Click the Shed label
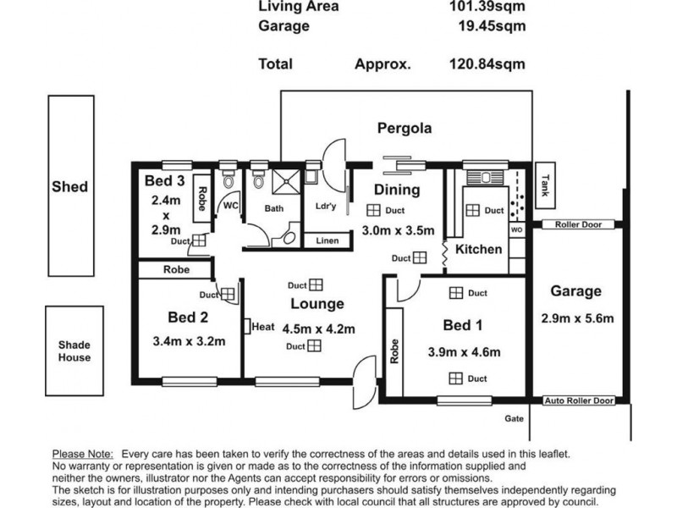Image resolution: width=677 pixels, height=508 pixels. coord(70,186)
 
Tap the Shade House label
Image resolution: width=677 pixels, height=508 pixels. coord(74,351)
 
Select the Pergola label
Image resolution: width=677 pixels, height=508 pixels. coord(405,129)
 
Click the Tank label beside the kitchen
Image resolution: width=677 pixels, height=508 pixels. coord(545,185)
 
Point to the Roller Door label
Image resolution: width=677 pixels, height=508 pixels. coord(578,224)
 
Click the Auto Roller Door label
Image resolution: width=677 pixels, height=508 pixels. coord(579,400)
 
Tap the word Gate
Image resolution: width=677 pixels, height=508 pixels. coord(514,418)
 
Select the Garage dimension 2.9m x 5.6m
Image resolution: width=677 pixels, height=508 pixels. coord(577,318)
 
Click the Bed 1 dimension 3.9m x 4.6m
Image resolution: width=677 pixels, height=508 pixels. coord(464,352)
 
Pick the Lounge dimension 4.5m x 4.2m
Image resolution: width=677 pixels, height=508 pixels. coord(319,329)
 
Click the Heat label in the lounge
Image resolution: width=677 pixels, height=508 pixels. coord(263,327)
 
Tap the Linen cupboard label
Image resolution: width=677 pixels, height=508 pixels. coord(327,240)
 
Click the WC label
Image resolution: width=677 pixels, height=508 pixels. coord(230,206)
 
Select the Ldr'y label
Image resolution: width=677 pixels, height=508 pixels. coord(326,206)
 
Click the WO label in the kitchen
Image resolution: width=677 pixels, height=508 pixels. coord(517,229)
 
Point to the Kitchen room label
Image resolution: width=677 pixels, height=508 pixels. coord(479,249)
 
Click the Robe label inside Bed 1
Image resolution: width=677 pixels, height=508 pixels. coord(394,351)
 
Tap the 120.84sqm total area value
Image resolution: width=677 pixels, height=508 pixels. coord(487,64)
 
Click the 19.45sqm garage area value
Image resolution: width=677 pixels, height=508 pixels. coord(493,26)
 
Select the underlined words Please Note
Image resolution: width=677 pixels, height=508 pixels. coord(83,454)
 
